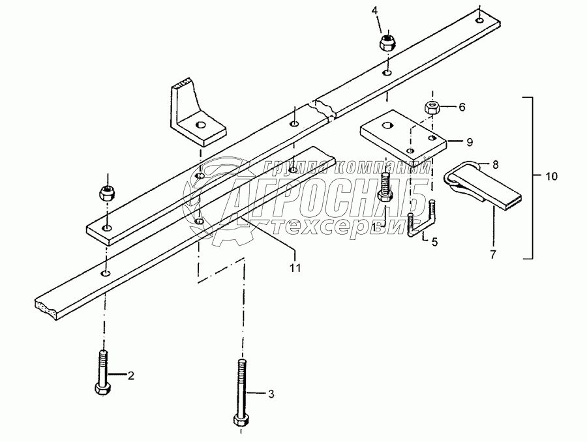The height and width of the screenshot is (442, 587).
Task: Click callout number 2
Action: pos(130,375)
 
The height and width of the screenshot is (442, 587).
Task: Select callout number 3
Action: pos(271,393)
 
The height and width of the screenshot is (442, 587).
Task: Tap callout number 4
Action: pos(374,10)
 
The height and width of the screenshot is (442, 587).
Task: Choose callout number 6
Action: pos(462,107)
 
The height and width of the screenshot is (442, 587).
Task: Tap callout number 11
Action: pos(295,267)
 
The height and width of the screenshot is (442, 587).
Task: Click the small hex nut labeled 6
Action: pos(431,108)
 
